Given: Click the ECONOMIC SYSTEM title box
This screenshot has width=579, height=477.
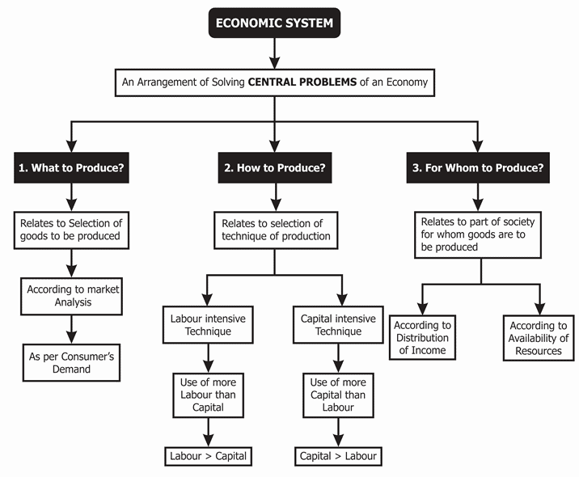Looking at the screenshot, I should [274, 23].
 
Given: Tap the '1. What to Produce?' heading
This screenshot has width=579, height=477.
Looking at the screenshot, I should [72, 168].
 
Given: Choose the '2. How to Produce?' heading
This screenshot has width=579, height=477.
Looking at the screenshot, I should [274, 168].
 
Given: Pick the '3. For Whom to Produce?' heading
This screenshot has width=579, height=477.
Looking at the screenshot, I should [477, 168].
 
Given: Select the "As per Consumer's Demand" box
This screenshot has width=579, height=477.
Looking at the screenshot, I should [72, 362].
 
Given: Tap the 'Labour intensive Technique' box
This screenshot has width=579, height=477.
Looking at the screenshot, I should [209, 325].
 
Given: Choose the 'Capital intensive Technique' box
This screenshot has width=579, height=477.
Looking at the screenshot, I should [338, 325].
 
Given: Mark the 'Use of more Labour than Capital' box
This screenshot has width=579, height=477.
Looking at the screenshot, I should [209, 394].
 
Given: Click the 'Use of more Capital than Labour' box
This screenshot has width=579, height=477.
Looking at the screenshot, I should [338, 394].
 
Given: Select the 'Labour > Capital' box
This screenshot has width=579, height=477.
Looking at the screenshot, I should [208, 455].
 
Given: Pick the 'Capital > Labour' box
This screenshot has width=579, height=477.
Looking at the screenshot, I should [338, 455].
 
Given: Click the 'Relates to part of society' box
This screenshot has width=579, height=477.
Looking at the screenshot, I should [480, 234].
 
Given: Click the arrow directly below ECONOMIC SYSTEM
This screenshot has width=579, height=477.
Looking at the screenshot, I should [274, 53].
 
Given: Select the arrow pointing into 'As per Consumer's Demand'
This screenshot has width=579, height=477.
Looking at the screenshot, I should [72, 330].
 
